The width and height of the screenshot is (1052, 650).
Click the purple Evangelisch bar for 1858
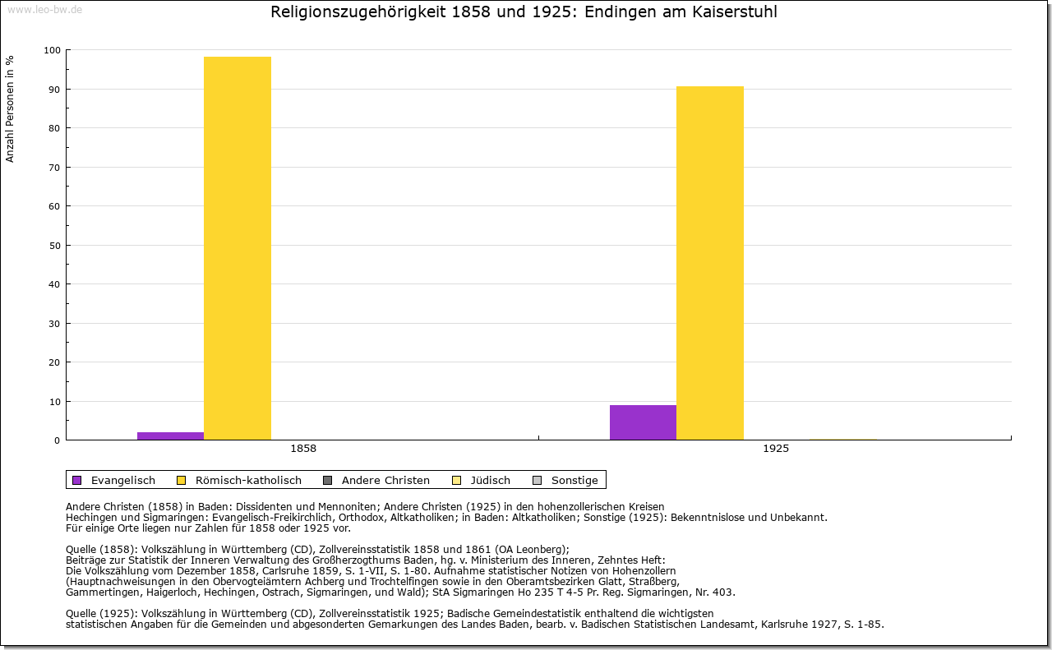[170, 436]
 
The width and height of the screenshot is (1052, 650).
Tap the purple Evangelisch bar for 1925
[643, 422]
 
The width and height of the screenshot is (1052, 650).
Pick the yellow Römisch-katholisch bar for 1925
[709, 263]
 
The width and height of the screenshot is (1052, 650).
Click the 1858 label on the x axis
[303, 449]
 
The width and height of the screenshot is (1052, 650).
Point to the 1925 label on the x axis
[776, 449]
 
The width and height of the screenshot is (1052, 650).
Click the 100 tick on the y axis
[52, 50]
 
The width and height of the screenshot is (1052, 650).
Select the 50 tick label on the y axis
[54, 246]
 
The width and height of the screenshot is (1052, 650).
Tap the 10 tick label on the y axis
[54, 402]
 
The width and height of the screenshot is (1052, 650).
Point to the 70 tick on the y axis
[54, 168]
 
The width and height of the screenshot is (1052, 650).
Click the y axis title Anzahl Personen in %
[11, 108]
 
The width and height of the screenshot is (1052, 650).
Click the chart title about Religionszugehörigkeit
[524, 12]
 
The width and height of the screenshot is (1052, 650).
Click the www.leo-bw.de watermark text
[44, 9]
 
